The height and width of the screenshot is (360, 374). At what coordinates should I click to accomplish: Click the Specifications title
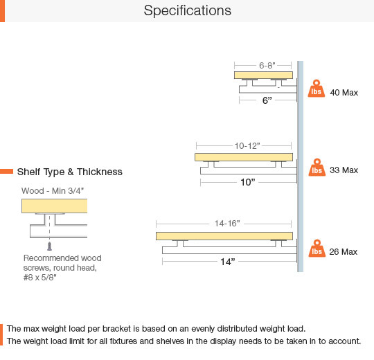pos(188,10)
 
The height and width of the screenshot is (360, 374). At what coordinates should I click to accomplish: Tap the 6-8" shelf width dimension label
pos(267,65)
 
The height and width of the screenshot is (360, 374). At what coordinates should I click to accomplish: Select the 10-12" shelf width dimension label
pos(247,145)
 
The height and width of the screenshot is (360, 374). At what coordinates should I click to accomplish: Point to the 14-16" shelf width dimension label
pos(227,224)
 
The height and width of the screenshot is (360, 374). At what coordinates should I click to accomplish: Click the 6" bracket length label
pos(267,100)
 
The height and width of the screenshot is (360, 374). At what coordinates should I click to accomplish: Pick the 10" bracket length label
pos(247,182)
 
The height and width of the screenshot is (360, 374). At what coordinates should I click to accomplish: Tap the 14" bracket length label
pos(228,262)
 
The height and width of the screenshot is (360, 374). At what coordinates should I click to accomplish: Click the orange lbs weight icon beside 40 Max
pos(317,89)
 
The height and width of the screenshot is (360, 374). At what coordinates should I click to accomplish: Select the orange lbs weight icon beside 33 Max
pos(317,168)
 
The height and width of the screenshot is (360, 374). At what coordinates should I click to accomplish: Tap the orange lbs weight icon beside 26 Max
pos(317,249)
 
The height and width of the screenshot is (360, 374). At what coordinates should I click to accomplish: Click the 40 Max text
pos(344,93)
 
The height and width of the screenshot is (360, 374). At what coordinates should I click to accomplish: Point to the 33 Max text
pos(344,170)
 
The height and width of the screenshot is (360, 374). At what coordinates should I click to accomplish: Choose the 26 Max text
pos(344,252)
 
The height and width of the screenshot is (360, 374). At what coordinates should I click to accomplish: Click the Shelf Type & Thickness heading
pos(70,172)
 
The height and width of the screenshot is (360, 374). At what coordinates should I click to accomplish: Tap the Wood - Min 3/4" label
pos(53,190)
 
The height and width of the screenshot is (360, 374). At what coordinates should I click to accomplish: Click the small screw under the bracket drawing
pos(49,246)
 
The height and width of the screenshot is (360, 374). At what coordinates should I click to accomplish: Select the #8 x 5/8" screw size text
pos(40,278)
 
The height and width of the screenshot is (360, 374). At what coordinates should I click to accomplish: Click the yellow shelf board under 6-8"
pos(263,75)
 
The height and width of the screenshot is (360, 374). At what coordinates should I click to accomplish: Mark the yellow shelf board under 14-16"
pos(224,236)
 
